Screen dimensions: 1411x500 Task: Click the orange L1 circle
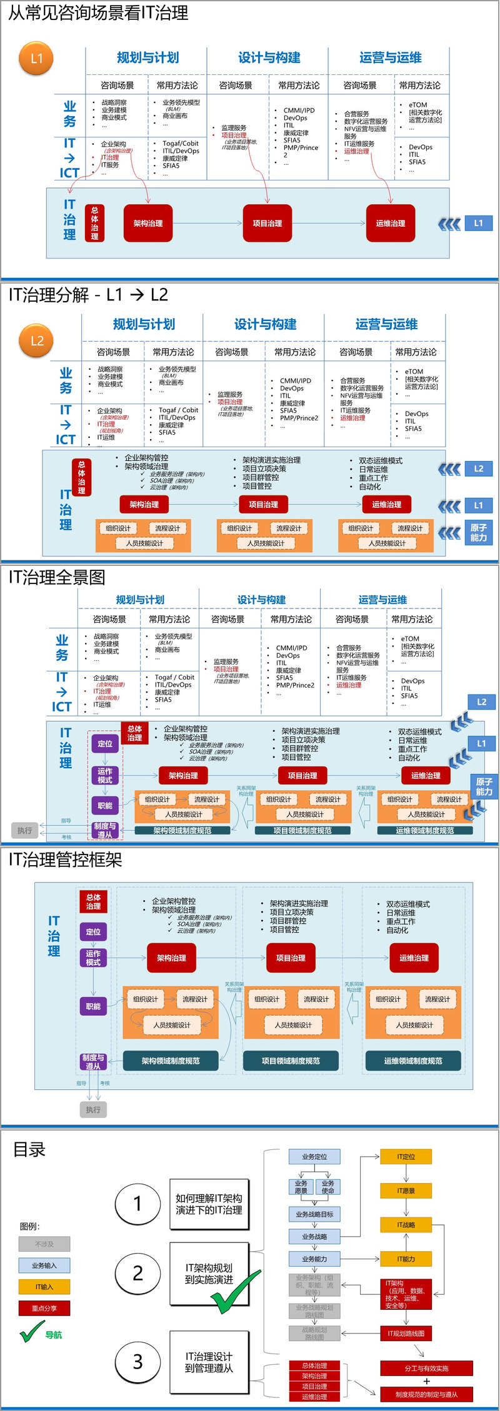[37, 59]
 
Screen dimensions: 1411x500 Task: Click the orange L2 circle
[37, 341]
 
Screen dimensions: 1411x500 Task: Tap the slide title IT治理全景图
[57, 577]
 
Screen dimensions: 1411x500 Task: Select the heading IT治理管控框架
[65, 859]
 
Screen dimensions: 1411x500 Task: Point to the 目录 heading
[29, 1149]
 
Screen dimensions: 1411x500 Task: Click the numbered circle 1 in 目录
[137, 1204]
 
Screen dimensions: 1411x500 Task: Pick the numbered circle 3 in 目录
[137, 1362]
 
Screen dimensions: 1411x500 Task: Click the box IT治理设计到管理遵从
[209, 1362]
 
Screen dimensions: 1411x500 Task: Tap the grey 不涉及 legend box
[44, 1244]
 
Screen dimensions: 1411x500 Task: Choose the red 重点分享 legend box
[44, 1308]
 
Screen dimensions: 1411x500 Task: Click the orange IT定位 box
[406, 1157]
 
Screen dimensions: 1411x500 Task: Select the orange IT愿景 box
[406, 1191]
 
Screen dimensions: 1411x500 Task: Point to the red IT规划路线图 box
[406, 1334]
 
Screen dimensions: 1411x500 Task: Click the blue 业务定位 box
[314, 1157]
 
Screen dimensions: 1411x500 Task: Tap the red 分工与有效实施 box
[426, 1369]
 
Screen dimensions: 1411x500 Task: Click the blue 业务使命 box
[327, 1187]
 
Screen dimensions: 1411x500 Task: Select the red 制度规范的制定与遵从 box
[426, 1394]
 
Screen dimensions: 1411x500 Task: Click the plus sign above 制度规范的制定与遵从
[426, 1382]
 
